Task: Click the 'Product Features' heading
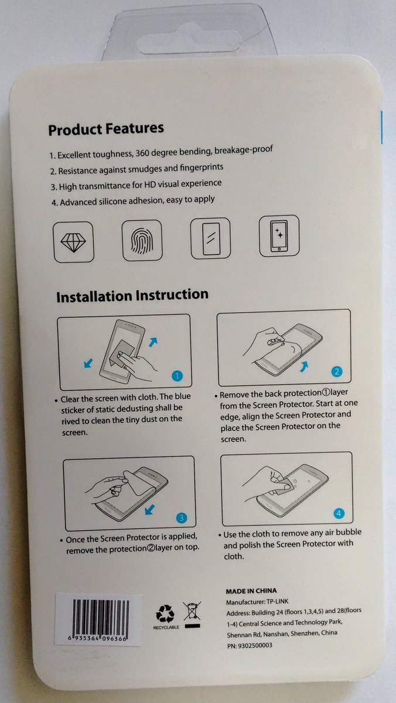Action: pyautogui.click(x=106, y=129)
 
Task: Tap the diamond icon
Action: pyautogui.click(x=73, y=242)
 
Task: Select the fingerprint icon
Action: pyautogui.click(x=142, y=240)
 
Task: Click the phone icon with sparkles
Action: pyautogui.click(x=279, y=236)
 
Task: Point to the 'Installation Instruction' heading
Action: pyautogui.click(x=132, y=296)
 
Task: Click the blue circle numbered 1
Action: pyautogui.click(x=177, y=376)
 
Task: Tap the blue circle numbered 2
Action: pyautogui.click(x=337, y=371)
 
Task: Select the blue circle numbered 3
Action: pyautogui.click(x=182, y=518)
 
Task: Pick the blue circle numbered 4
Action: pyautogui.click(x=339, y=513)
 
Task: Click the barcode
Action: pyautogui.click(x=100, y=618)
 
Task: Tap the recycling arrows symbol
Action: pyautogui.click(x=165, y=614)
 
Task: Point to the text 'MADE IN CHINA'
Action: pyautogui.click(x=251, y=591)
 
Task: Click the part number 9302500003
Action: pyautogui.click(x=255, y=646)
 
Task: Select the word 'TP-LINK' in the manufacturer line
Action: pyautogui.click(x=278, y=602)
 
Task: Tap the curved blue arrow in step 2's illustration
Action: pyautogui.click(x=304, y=366)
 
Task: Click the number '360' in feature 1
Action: pyautogui.click(x=142, y=153)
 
